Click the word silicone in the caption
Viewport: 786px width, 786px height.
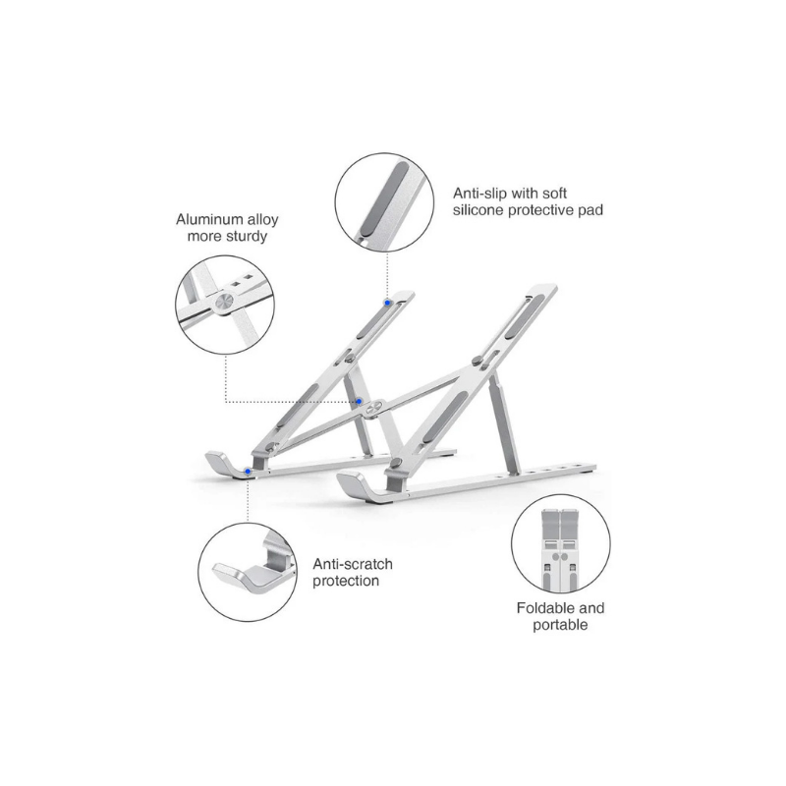click(x=480, y=210)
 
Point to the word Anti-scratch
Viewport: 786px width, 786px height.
click(x=353, y=564)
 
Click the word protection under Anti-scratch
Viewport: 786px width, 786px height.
click(x=346, y=581)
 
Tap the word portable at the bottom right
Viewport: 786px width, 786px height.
click(x=562, y=625)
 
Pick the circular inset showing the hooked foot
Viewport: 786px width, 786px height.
click(x=249, y=568)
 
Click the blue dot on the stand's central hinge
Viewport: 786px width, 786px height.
click(x=362, y=401)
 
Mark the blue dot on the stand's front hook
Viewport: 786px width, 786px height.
click(x=246, y=473)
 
